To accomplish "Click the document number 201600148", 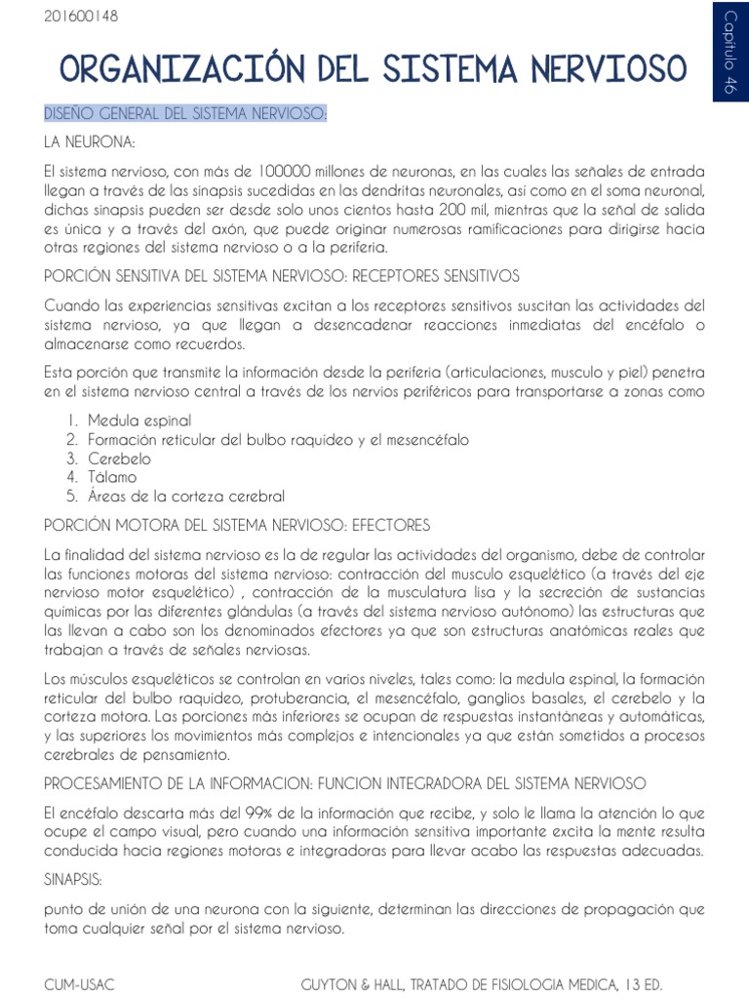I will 80,17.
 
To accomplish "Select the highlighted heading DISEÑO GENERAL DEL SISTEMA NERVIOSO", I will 185,115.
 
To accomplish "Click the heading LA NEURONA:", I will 89,142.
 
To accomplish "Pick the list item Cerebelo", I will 120,459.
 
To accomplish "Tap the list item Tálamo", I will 112,477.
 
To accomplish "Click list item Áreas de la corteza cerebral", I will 186,497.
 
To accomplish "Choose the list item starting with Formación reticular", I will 278,439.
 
